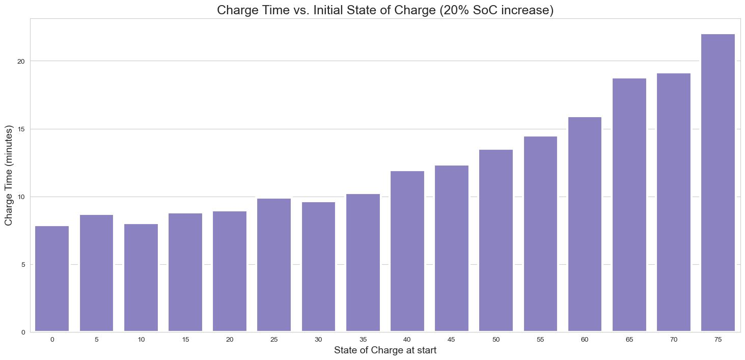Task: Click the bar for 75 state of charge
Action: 718,183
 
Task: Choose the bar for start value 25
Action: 274,265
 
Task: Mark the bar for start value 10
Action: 141,278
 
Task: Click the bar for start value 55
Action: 540,234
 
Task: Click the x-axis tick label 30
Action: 318,339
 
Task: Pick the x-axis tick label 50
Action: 496,339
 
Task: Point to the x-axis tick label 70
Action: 673,339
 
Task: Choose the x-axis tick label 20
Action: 230,339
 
